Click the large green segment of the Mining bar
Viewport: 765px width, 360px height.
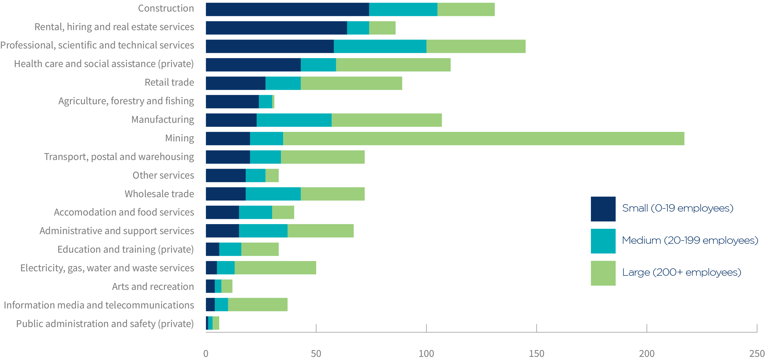483,139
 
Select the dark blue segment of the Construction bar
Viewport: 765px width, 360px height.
287,9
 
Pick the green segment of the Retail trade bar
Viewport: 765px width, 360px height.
351,83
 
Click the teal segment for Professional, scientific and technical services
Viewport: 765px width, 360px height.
380,46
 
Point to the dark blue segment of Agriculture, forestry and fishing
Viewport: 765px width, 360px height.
232,102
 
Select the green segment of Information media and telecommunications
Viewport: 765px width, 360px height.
257,304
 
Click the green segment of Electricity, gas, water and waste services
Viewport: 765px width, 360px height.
275,268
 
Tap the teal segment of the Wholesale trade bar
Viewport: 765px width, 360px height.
273,194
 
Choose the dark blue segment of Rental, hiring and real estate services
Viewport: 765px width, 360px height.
276,28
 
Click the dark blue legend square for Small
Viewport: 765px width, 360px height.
603,209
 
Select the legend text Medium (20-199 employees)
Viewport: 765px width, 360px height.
690,240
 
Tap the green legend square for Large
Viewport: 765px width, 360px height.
603,273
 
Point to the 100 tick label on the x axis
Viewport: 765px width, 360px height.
426,353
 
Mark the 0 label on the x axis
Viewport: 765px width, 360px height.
206,353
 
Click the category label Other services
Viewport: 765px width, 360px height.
163,175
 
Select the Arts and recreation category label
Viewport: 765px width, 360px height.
153,287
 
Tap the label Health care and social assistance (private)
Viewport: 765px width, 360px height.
104,64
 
